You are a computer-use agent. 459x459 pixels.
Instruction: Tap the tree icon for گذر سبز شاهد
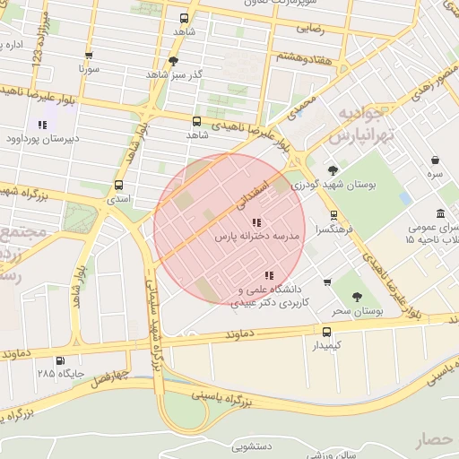point(173,61)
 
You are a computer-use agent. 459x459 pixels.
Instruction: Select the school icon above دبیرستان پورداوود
point(41,126)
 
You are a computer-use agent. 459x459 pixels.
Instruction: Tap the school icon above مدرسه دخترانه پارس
point(256,222)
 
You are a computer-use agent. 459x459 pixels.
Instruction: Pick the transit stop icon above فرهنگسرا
point(334,215)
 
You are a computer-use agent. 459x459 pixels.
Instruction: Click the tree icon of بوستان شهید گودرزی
point(333,170)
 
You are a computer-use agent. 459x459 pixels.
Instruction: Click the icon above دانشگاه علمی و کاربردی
point(268,275)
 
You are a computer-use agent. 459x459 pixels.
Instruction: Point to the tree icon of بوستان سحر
point(358,296)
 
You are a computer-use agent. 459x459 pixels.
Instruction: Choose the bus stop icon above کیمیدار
point(326,332)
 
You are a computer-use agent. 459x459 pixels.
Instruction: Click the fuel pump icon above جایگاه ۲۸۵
point(59,360)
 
